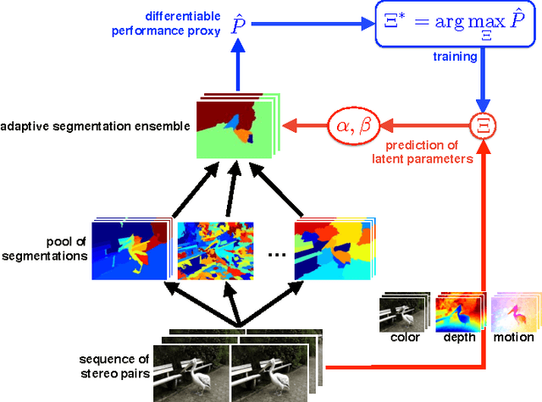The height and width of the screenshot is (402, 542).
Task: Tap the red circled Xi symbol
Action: [486, 126]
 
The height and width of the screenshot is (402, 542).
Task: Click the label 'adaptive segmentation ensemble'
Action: [96, 127]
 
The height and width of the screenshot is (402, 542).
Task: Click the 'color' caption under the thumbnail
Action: [405, 338]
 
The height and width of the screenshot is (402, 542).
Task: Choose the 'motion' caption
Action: [514, 338]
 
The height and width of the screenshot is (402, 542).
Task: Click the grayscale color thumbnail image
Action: [402, 311]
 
